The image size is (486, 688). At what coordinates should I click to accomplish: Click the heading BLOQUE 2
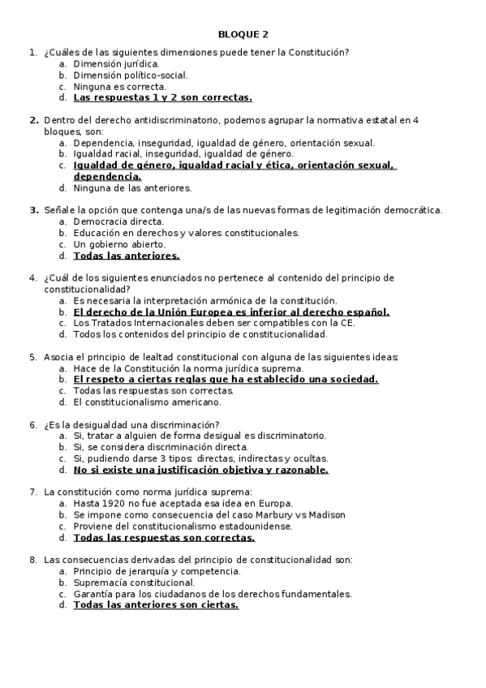pyautogui.click(x=243, y=34)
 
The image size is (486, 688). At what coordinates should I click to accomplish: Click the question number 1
pyautogui.click(x=32, y=52)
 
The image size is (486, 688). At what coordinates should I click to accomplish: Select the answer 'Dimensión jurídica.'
pyautogui.click(x=116, y=63)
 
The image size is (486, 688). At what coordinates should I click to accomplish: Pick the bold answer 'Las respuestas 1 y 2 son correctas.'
pyautogui.click(x=162, y=97)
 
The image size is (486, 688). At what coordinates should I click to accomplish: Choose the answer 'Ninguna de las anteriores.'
pyautogui.click(x=132, y=187)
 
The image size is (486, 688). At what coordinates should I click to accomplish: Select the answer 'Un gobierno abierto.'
pyautogui.click(x=119, y=244)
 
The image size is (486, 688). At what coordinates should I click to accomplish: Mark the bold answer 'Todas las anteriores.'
pyautogui.click(x=126, y=256)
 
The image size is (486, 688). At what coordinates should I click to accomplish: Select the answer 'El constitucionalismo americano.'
pyautogui.click(x=147, y=402)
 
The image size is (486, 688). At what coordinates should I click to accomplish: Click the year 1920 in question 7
pyautogui.click(x=110, y=503)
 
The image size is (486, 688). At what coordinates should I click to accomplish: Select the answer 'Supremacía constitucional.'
pyautogui.click(x=134, y=582)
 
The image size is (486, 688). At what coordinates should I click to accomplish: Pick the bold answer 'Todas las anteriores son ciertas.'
pyautogui.click(x=156, y=604)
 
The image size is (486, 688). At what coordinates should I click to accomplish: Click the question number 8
pyautogui.click(x=32, y=559)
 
